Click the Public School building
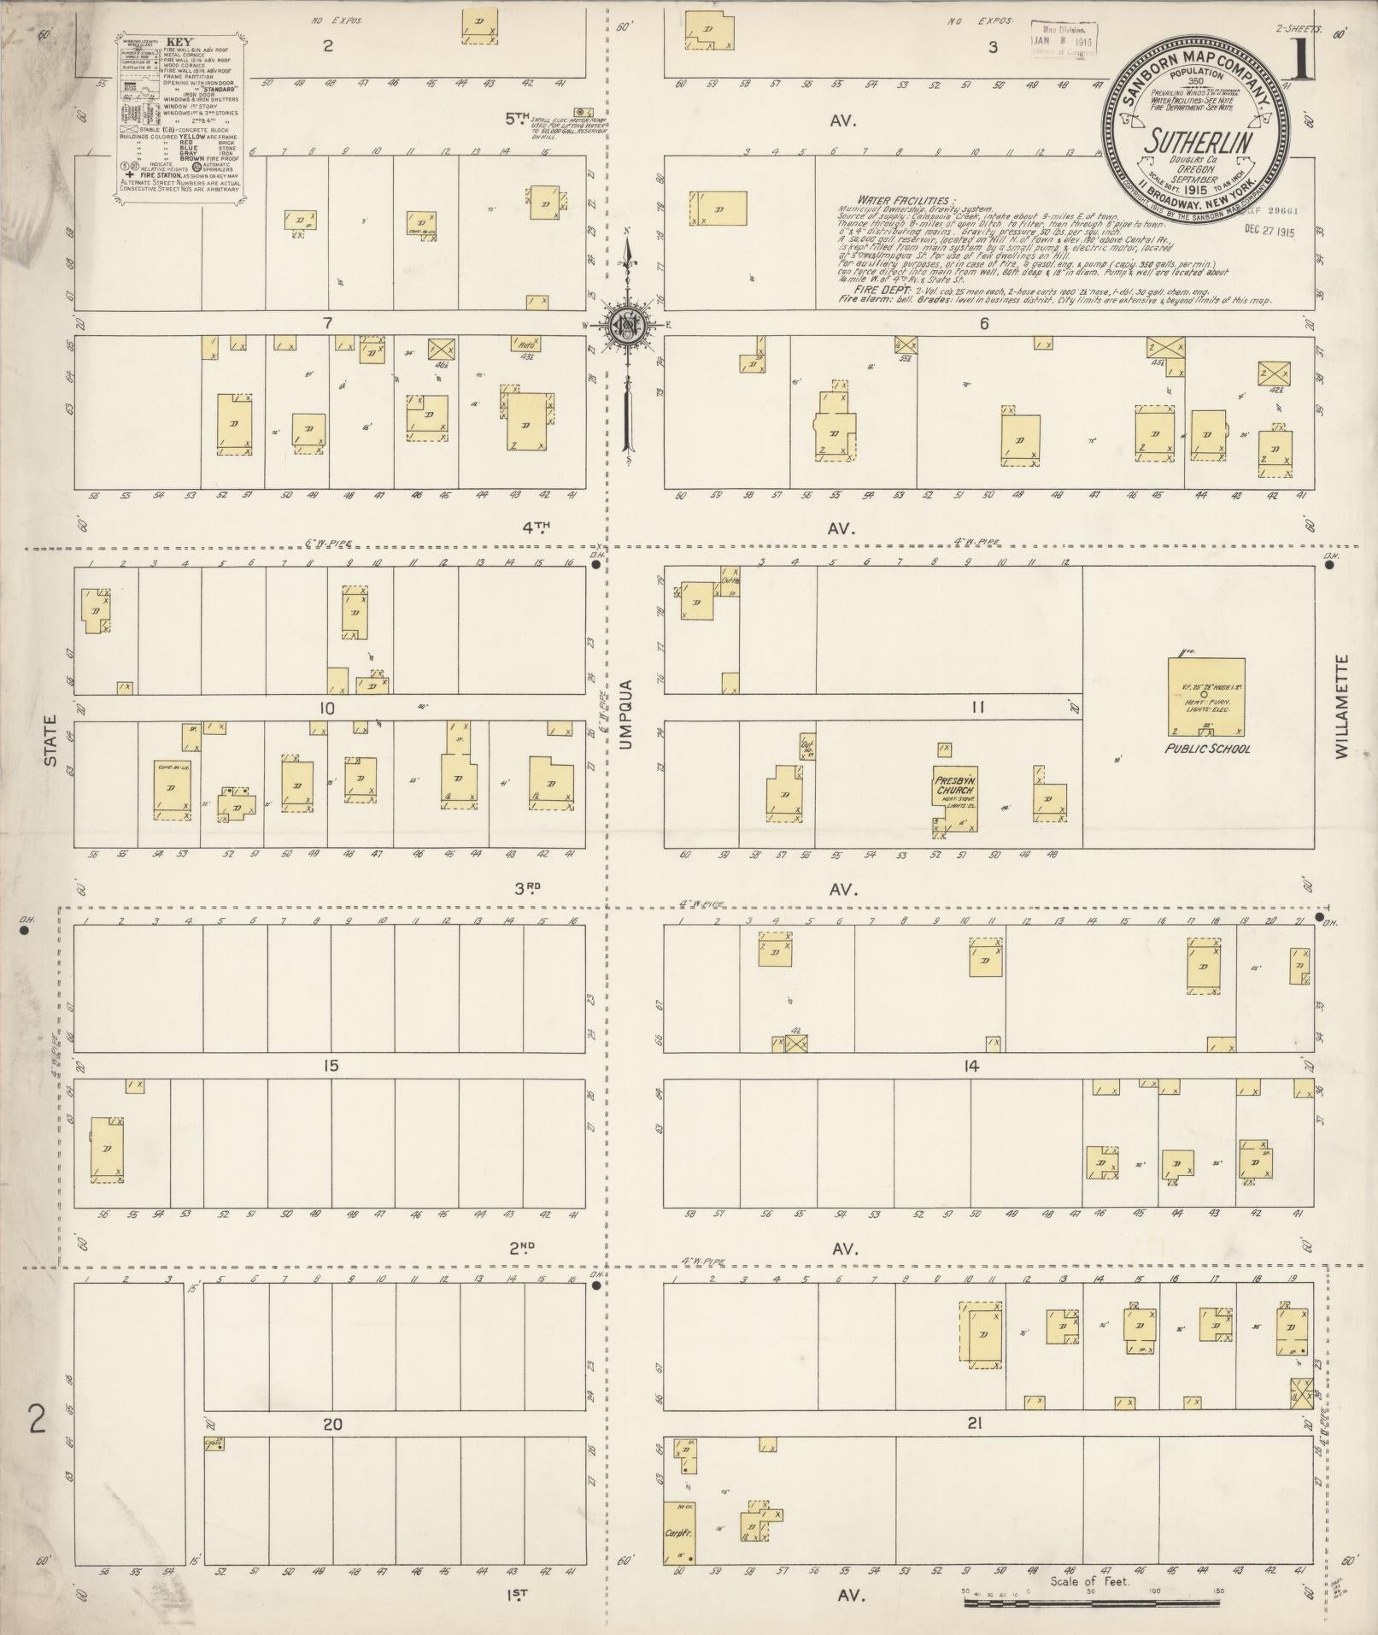(1206, 697)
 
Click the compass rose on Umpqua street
(626, 326)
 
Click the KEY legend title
(179, 41)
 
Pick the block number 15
(330, 1066)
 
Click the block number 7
(327, 322)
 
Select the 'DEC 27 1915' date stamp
(1270, 229)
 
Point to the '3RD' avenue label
(527, 887)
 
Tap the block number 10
(326, 709)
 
